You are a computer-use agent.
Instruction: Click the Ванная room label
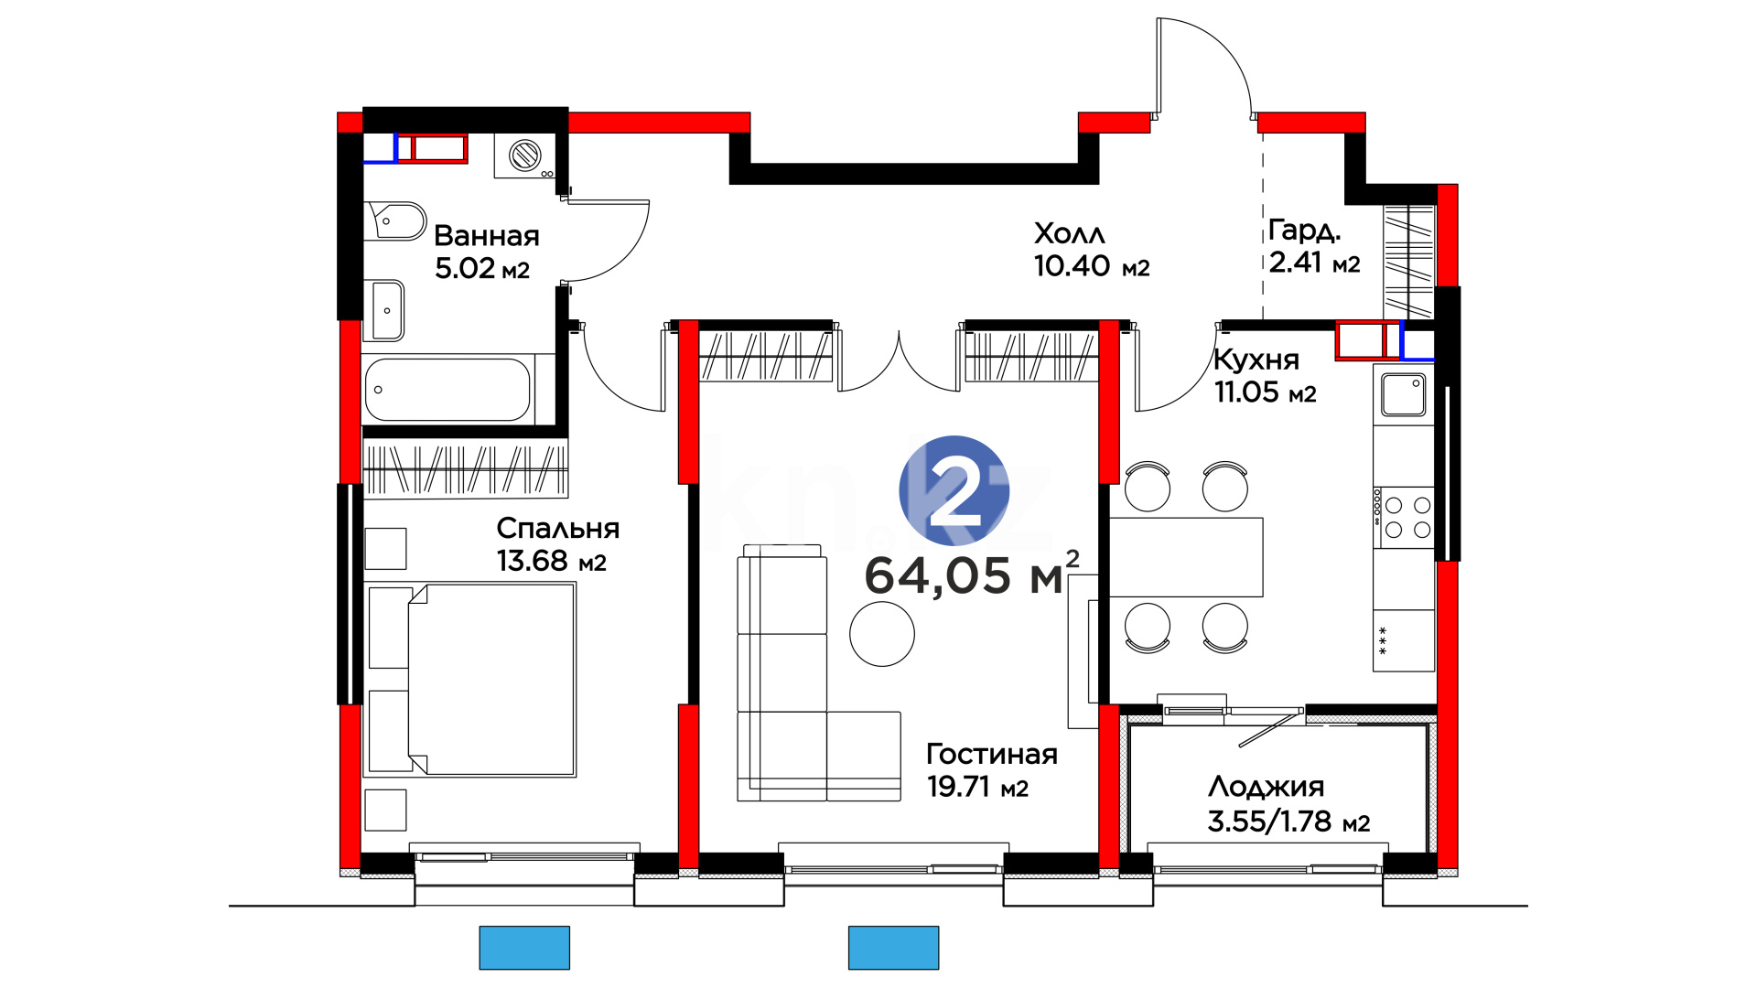click(486, 236)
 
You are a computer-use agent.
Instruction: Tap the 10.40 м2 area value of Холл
click(1092, 266)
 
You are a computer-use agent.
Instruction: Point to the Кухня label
click(1256, 360)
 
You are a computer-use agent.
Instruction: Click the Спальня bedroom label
click(558, 528)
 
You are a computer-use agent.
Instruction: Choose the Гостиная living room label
click(992, 754)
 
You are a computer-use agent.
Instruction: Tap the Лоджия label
click(1266, 787)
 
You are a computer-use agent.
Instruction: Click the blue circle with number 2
click(954, 490)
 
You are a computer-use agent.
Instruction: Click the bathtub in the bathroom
click(447, 390)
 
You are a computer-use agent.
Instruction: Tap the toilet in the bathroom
click(395, 221)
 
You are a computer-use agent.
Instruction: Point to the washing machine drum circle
click(525, 155)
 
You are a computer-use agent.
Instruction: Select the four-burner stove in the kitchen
click(1404, 517)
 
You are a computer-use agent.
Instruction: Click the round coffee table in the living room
click(882, 633)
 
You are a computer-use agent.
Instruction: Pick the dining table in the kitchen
click(1186, 557)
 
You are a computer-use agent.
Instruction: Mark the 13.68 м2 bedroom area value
click(552, 561)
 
